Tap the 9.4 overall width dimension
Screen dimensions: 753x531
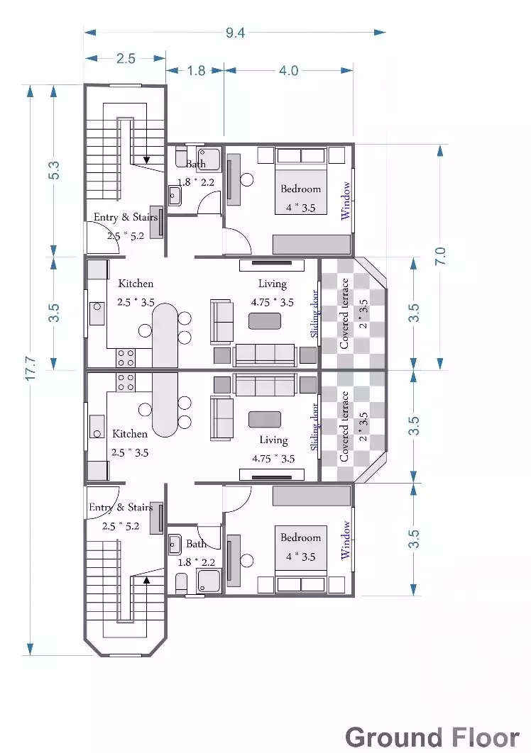(235, 32)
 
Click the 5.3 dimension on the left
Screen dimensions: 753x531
(55, 171)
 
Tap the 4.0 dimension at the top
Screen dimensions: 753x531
(289, 70)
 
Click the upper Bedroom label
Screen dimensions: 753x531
(300, 189)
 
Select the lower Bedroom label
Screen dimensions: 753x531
(300, 537)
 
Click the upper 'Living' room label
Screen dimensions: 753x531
(272, 284)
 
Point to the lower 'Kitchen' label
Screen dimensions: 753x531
(130, 433)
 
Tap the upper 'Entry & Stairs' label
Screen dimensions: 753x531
(126, 217)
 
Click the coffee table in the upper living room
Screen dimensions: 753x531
(264, 321)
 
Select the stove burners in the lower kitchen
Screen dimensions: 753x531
(126, 382)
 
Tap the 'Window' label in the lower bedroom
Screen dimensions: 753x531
(346, 540)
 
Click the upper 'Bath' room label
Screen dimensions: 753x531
(196, 164)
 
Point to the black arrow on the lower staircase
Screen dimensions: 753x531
(147, 578)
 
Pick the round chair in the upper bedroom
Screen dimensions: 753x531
(247, 179)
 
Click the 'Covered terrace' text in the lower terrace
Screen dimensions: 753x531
(345, 425)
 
